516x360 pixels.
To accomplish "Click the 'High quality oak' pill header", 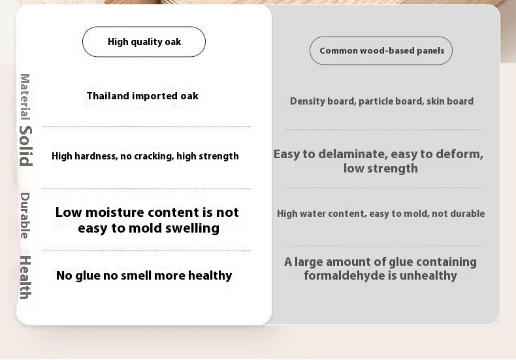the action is (x=144, y=42).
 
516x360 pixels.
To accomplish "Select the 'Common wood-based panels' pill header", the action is (x=381, y=51).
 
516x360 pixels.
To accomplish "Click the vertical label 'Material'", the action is (x=25, y=97).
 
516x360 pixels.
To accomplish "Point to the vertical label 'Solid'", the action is (x=25, y=146).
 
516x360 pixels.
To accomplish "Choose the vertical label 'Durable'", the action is (x=25, y=216).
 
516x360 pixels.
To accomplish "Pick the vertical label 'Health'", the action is (x=25, y=278).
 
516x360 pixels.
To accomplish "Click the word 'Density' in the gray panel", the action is (x=305, y=101).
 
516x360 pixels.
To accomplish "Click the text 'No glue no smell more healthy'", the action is (x=144, y=276).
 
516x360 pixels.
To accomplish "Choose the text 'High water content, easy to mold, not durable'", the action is (x=381, y=214).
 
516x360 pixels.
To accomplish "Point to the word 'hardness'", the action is (x=96, y=156).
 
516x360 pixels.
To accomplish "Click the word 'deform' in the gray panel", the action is (x=459, y=154).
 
